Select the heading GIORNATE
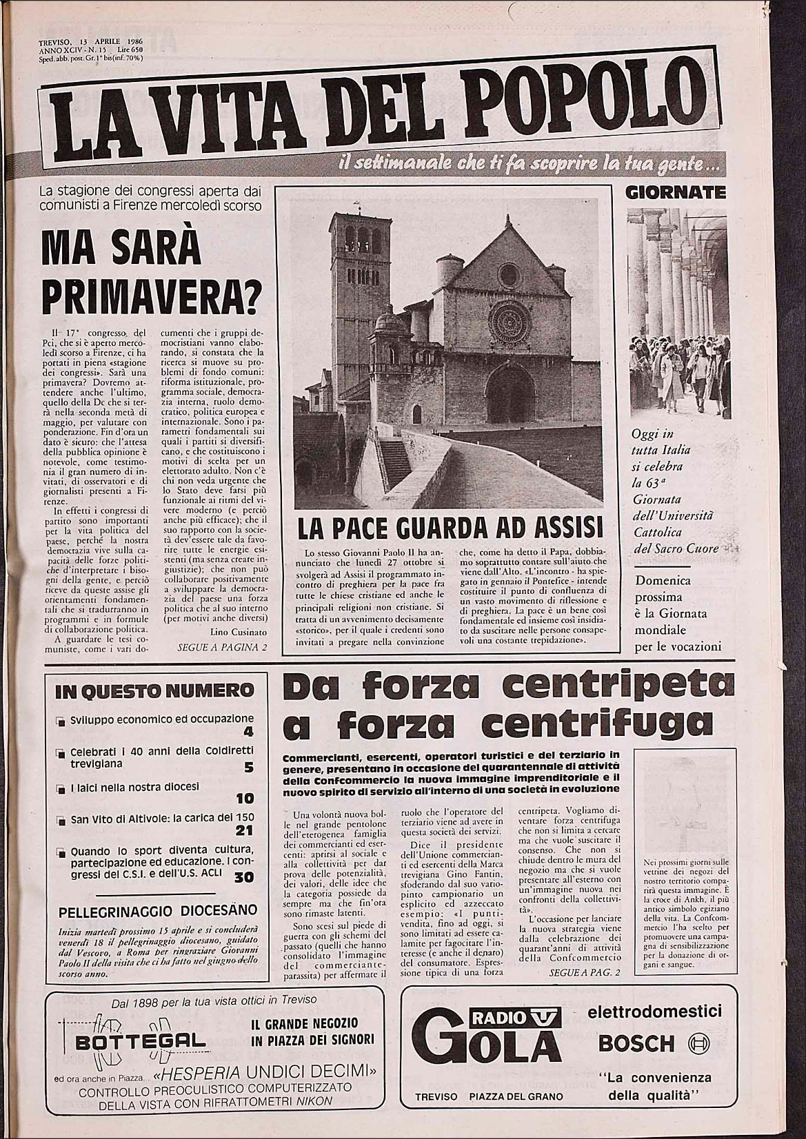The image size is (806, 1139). (x=676, y=192)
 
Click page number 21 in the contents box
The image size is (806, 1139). (x=244, y=832)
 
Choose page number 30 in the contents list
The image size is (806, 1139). (x=243, y=876)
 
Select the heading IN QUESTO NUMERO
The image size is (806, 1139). (x=154, y=690)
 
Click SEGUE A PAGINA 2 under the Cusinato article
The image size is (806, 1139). (x=222, y=648)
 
